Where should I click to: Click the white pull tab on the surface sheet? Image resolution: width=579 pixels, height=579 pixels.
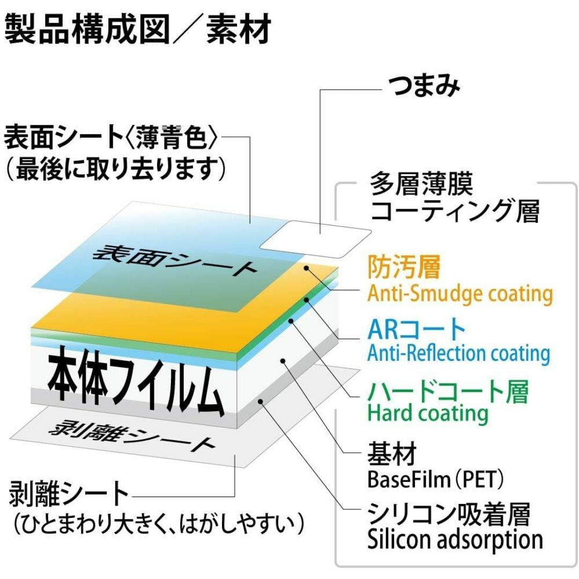pyautogui.click(x=316, y=239)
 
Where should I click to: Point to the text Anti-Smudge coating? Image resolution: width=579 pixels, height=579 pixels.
pyautogui.click(x=460, y=294)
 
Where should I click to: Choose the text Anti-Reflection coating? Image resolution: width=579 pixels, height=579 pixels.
pyautogui.click(x=458, y=353)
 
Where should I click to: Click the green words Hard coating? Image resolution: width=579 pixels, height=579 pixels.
pyautogui.click(x=428, y=413)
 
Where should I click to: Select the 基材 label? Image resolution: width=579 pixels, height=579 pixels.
pyautogui.click(x=392, y=454)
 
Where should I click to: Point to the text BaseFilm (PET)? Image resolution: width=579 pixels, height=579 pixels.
pyautogui.click(x=435, y=479)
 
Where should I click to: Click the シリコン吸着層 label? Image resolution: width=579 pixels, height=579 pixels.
pyautogui.click(x=449, y=514)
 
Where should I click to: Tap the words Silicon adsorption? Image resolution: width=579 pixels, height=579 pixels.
pyautogui.click(x=455, y=540)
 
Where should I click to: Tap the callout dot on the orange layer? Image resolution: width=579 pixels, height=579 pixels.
pyautogui.click(x=306, y=268)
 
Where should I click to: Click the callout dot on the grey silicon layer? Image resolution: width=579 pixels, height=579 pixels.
pyautogui.click(x=261, y=402)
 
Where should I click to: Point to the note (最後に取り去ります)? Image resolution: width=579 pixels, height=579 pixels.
pyautogui.click(x=115, y=169)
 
